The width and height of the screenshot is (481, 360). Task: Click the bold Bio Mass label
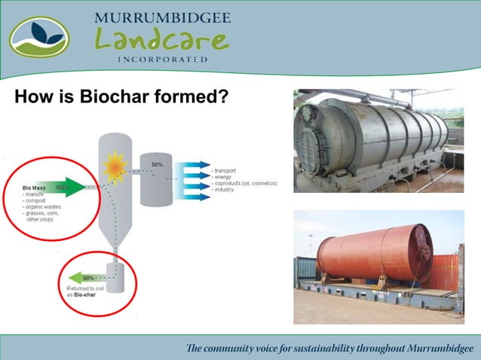click(35, 186)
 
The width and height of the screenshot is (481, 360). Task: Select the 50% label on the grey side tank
click(157, 163)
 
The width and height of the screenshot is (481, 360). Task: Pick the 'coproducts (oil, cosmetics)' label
click(247, 184)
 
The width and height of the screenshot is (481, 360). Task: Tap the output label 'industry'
click(226, 190)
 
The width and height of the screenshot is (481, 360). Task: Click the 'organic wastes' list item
click(42, 206)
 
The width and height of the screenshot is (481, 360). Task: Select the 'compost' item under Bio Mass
click(35, 199)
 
